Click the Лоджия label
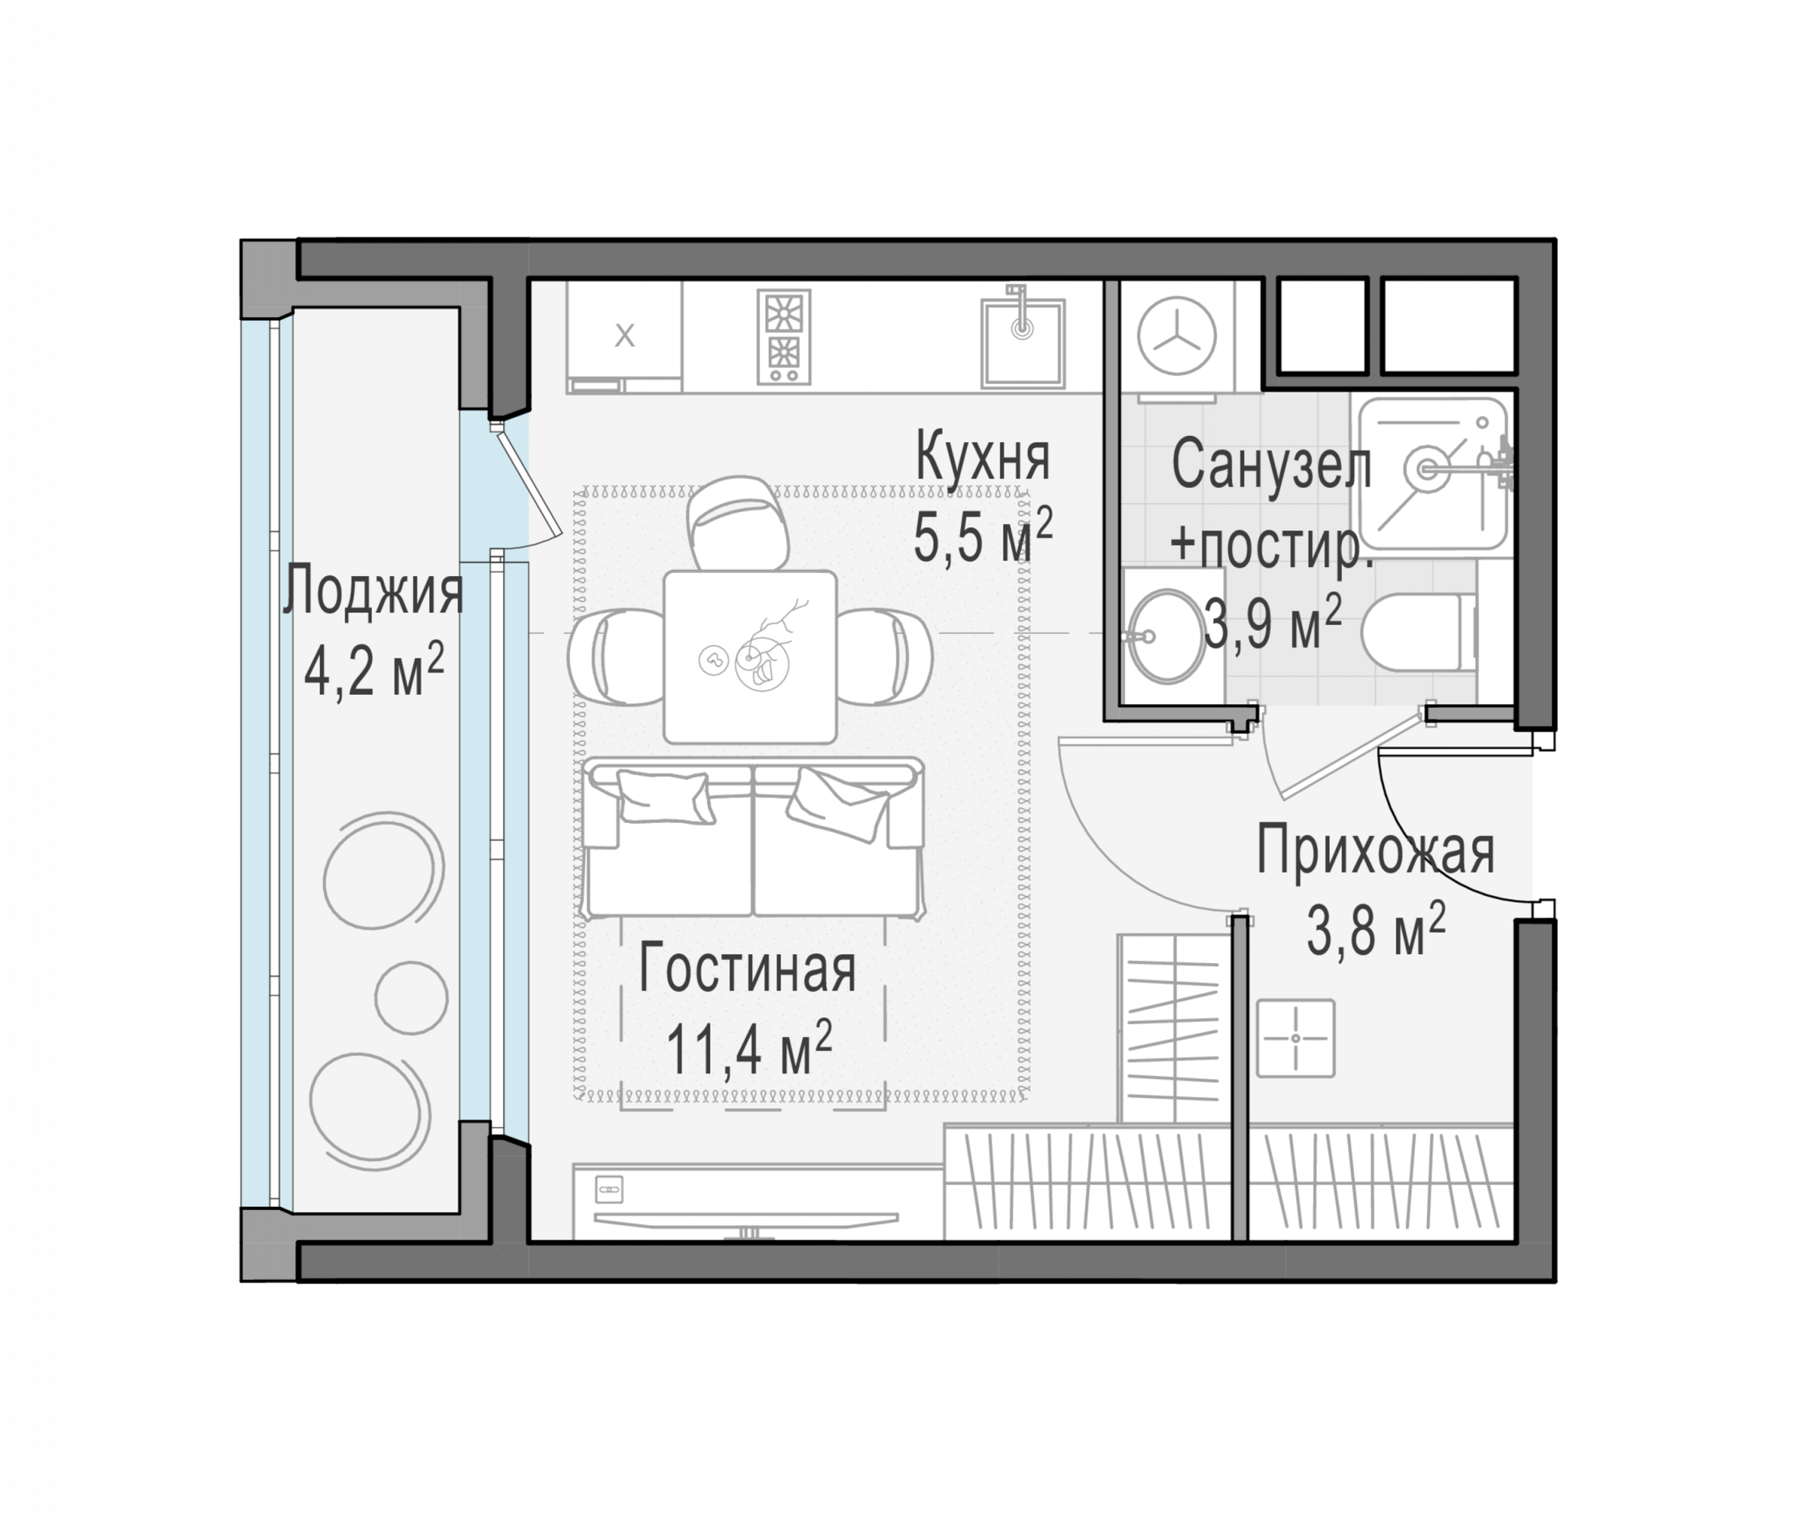[x=373, y=589]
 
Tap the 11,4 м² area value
[x=748, y=1048]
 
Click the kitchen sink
[x=1022, y=342]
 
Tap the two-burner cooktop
[x=784, y=336]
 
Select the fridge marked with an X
[x=624, y=336]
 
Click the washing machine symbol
[x=1177, y=337]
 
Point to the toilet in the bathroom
[x=1419, y=632]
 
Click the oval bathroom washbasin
[x=1167, y=637]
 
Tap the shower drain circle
[x=1426, y=469]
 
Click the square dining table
[x=749, y=657]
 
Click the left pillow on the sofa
[x=664, y=796]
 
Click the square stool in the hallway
[x=1295, y=1039]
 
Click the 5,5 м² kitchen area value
[x=982, y=536]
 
